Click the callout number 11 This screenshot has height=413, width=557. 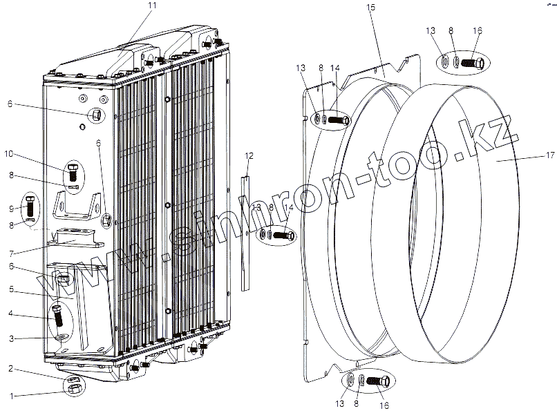coord(153,6)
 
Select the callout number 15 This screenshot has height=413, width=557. coord(370,7)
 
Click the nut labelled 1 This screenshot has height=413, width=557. coord(74,388)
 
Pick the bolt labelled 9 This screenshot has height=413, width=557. coord(29,206)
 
